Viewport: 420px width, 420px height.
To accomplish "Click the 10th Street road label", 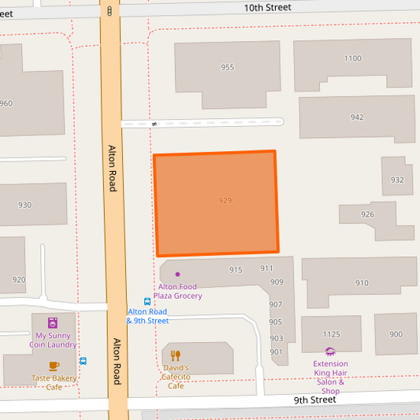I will [x=267, y=7].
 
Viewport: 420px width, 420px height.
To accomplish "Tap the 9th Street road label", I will [x=314, y=400].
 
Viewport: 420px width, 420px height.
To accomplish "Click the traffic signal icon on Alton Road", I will [x=109, y=11].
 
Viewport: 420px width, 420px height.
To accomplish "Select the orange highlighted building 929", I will [x=216, y=203].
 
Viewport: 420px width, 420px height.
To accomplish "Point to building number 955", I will [x=227, y=68].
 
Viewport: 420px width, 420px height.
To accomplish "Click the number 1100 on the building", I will [x=352, y=58].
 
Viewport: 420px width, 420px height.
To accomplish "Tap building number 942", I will [x=357, y=117].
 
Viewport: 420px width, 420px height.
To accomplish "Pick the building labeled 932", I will [x=397, y=180].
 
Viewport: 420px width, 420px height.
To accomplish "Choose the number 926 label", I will [x=367, y=214].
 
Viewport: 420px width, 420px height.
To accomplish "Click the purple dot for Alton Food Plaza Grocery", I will [x=177, y=274].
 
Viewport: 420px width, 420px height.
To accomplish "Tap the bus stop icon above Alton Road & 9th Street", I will [x=147, y=301].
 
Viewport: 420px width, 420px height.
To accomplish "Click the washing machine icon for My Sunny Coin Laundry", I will [x=53, y=322].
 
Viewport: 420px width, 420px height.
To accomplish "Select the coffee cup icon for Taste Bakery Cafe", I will [x=54, y=366].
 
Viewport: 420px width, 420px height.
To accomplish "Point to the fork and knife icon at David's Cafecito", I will [x=176, y=355].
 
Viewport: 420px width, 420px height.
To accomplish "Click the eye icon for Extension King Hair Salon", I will [x=330, y=351].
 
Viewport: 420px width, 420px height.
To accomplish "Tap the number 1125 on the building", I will [x=331, y=334].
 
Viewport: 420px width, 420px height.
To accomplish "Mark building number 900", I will [x=395, y=334].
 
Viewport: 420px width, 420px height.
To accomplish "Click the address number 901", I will [x=276, y=351].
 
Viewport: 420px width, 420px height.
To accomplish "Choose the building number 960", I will [x=6, y=103].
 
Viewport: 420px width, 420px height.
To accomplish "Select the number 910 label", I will [x=362, y=283].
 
